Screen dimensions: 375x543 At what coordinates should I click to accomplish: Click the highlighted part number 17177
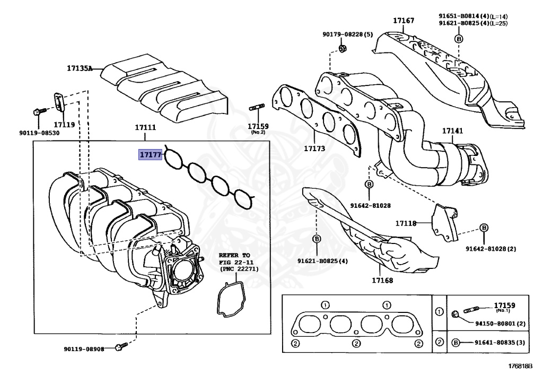(150, 154)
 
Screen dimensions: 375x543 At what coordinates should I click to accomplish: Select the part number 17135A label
(80, 68)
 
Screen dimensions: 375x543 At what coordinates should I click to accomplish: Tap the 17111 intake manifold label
(145, 127)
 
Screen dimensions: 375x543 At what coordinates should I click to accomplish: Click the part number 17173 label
(314, 149)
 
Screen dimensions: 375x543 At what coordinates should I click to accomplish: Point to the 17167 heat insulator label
(404, 21)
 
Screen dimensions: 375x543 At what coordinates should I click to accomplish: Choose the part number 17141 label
(453, 130)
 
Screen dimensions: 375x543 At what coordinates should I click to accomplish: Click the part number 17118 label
(406, 223)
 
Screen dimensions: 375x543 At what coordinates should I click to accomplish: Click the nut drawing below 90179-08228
(342, 50)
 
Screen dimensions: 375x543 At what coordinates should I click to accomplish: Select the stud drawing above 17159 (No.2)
(257, 111)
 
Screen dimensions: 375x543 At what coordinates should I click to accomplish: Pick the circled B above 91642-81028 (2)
(484, 228)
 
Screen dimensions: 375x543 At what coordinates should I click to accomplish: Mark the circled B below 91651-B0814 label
(459, 38)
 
